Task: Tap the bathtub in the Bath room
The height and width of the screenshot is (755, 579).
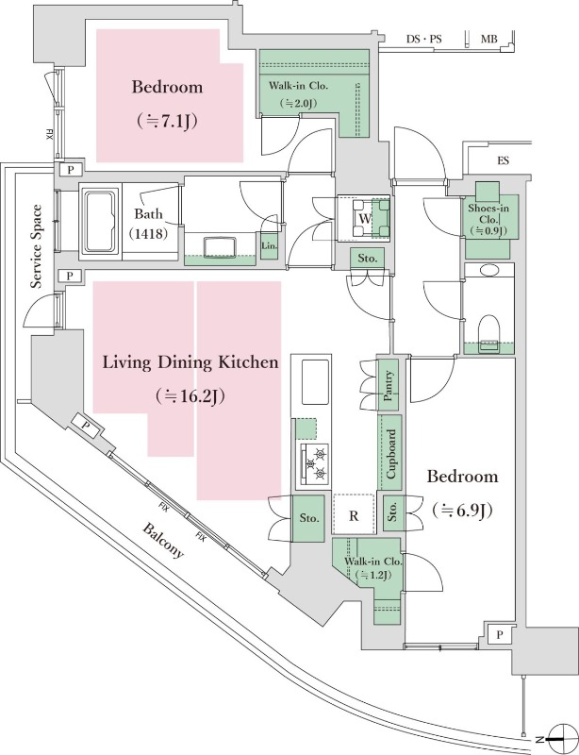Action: [101, 221]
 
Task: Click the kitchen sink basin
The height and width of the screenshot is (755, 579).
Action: [315, 382]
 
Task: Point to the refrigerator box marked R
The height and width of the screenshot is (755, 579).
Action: [354, 513]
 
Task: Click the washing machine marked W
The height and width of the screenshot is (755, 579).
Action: [364, 219]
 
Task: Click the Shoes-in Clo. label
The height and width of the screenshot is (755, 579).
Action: [488, 220]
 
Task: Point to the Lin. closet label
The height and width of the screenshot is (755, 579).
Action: [269, 246]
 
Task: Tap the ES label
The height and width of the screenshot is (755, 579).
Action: [503, 160]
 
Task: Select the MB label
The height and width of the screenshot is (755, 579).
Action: [489, 39]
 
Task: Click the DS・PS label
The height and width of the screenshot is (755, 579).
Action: [424, 39]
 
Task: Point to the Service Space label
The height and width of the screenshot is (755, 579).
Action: [37, 246]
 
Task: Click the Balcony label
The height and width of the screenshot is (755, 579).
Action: [163, 540]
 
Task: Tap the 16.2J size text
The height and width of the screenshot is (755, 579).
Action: [190, 396]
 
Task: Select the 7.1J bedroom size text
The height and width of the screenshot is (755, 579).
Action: [167, 122]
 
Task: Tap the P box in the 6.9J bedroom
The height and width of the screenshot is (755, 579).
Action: [499, 635]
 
